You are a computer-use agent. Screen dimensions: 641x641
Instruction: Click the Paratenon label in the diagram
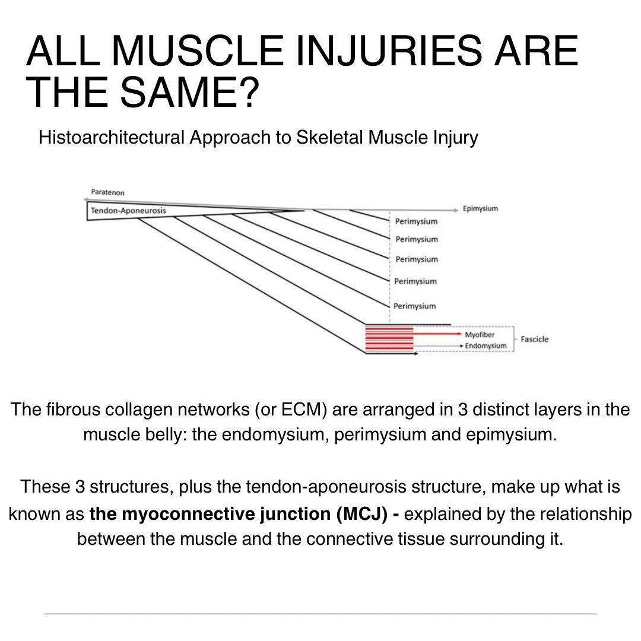click(x=107, y=192)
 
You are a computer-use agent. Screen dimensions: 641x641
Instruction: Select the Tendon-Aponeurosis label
click(x=128, y=211)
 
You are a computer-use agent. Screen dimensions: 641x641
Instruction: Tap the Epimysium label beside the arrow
click(x=480, y=209)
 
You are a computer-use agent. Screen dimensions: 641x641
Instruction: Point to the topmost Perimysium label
click(x=416, y=221)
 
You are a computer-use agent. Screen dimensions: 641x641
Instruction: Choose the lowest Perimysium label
click(x=414, y=306)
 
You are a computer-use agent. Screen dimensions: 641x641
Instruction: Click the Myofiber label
click(x=480, y=335)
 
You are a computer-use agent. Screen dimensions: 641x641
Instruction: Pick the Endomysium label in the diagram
click(x=485, y=345)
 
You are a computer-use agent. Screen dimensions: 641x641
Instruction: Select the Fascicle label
click(x=534, y=339)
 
